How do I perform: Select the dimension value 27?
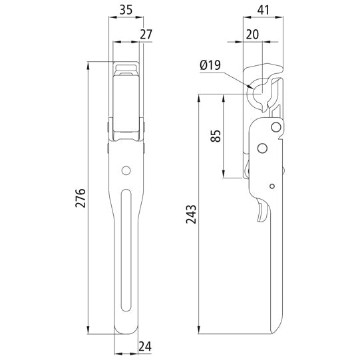click(146, 35)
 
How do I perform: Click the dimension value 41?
click(265, 10)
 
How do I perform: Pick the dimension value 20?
click(252, 35)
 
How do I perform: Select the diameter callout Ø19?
click(210, 66)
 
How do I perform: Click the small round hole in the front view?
click(125, 171)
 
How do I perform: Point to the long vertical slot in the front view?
click(126, 253)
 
